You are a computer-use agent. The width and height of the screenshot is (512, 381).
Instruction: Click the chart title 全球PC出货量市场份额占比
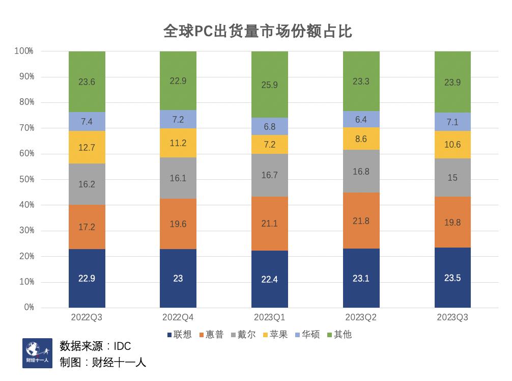click(258, 32)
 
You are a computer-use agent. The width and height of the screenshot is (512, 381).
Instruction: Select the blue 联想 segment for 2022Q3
click(87, 278)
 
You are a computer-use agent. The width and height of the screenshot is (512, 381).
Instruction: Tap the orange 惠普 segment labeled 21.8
click(361, 221)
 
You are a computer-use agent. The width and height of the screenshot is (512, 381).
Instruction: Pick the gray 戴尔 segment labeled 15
click(452, 178)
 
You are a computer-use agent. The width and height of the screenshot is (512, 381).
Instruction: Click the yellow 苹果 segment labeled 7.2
click(269, 145)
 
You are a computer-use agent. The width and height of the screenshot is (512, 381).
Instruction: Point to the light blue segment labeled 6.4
click(361, 119)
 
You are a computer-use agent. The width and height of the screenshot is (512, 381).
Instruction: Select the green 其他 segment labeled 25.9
click(269, 85)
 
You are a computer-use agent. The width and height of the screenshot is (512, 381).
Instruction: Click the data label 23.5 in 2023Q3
click(452, 278)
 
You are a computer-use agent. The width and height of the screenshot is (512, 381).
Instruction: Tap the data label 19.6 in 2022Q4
click(178, 224)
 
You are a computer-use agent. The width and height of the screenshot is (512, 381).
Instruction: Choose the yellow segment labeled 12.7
click(87, 148)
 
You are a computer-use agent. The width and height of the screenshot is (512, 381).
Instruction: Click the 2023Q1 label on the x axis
click(269, 317)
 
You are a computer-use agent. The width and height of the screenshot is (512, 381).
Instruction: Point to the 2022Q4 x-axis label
click(178, 317)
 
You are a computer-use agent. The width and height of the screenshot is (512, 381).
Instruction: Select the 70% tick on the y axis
click(24, 128)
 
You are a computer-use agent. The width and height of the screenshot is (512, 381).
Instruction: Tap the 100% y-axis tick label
click(23, 51)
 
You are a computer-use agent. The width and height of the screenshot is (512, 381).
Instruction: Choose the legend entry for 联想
click(180, 335)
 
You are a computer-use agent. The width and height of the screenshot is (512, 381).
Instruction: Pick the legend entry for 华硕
click(307, 335)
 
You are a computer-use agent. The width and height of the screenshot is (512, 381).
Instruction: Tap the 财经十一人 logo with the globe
click(37, 353)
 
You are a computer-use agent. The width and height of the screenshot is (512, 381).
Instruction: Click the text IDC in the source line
click(122, 346)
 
